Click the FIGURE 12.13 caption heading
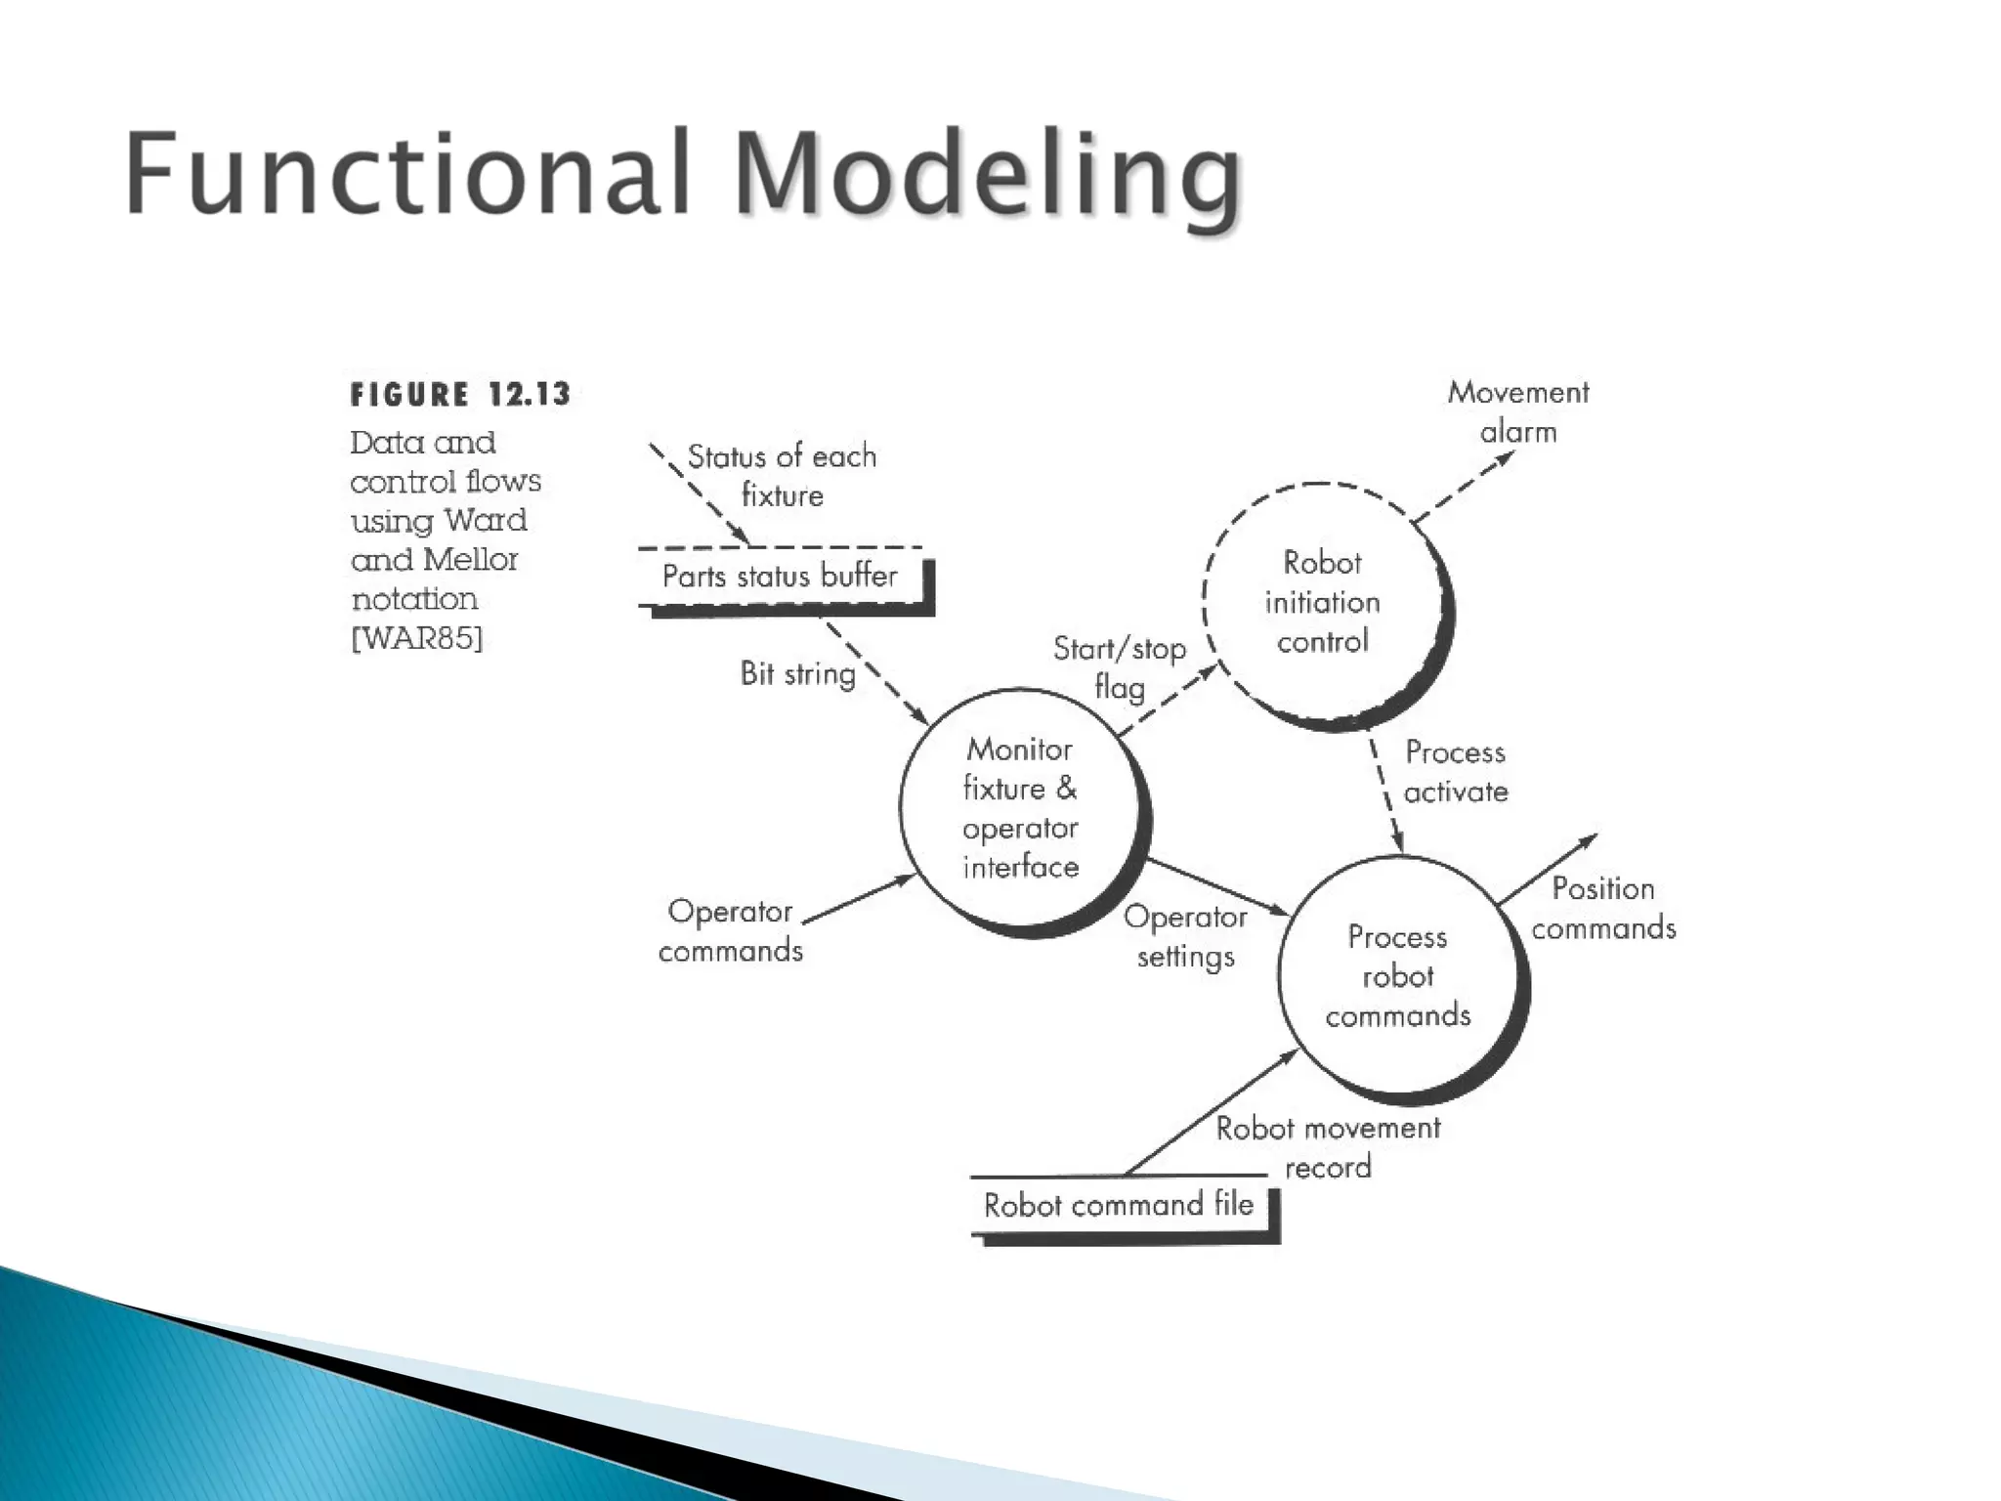(x=460, y=395)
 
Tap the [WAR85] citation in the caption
(x=417, y=639)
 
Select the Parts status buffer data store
(x=780, y=577)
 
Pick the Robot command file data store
(x=1119, y=1205)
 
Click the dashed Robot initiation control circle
(x=1322, y=603)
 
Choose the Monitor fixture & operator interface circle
(x=1020, y=809)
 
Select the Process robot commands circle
(x=1398, y=976)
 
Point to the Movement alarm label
(x=1518, y=411)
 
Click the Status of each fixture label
(x=782, y=476)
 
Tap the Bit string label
(x=797, y=673)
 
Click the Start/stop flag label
(x=1120, y=667)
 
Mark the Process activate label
(x=1456, y=772)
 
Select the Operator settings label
(x=1185, y=936)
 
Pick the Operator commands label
(x=731, y=931)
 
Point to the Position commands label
(x=1603, y=908)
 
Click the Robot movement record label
(x=1328, y=1147)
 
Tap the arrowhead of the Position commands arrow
(x=1590, y=839)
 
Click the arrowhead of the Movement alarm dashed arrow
(x=1508, y=455)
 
